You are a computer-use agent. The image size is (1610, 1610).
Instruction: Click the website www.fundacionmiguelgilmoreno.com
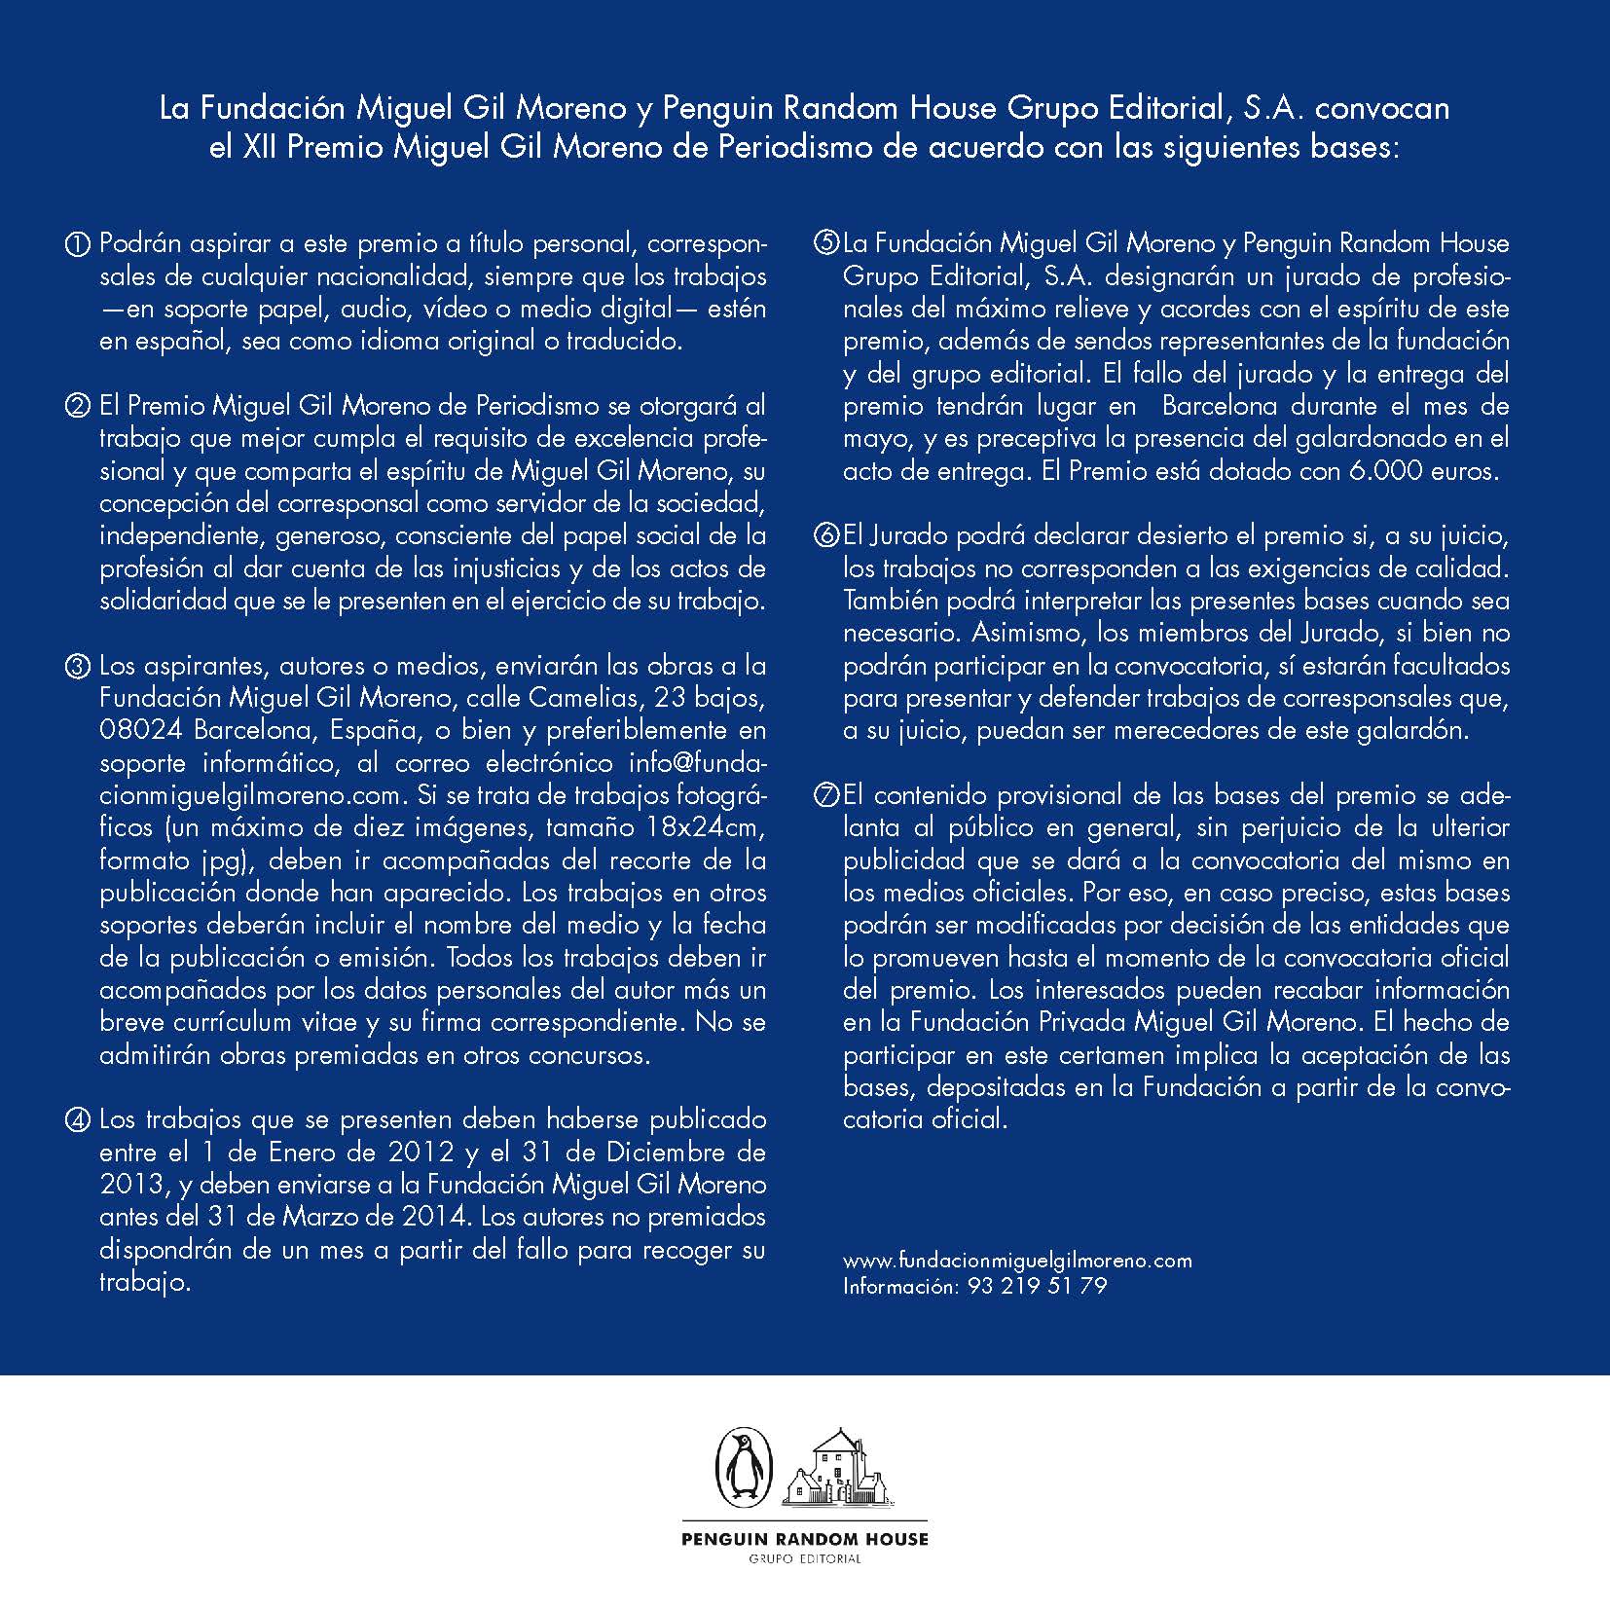tap(1017, 1261)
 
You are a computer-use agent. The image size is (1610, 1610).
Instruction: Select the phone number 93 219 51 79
tap(1037, 1286)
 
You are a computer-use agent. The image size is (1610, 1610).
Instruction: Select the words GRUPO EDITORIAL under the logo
tap(804, 1558)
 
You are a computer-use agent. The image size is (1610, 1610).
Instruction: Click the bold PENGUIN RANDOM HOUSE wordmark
tap(804, 1539)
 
